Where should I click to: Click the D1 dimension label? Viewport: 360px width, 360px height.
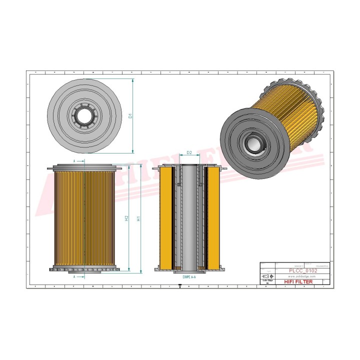pos(130,115)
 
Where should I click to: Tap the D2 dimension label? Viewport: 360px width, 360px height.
pos(189,152)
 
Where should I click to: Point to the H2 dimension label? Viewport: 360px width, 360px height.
pos(126,218)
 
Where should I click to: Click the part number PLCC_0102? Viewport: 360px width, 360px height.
pos(303,270)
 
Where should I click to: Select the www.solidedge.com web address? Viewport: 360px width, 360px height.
pos(303,276)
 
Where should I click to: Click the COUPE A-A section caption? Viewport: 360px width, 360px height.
pos(190,276)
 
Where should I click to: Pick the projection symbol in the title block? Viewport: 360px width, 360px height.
pos(268,276)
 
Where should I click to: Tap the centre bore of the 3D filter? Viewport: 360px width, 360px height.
pos(255,144)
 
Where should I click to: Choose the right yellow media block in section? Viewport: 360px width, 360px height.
pos(213,217)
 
